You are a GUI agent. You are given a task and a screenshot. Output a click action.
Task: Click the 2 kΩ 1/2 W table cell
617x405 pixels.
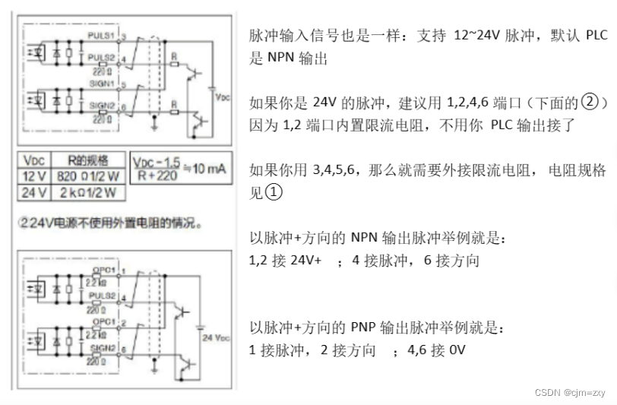(87, 193)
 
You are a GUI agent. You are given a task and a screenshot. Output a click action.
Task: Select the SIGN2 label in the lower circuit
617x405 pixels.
(101, 346)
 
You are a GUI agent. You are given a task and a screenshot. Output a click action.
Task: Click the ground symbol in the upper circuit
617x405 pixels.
(155, 119)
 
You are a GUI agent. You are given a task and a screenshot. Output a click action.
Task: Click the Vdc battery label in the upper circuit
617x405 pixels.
(222, 98)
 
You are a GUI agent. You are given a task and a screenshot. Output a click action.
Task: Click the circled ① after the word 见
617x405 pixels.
(274, 193)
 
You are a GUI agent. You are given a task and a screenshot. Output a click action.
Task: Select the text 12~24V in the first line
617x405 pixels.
(476, 36)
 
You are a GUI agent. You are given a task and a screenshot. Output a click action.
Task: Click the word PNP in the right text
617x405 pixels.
(368, 328)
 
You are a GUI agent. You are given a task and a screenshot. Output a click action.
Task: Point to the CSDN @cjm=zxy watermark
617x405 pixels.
(569, 393)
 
